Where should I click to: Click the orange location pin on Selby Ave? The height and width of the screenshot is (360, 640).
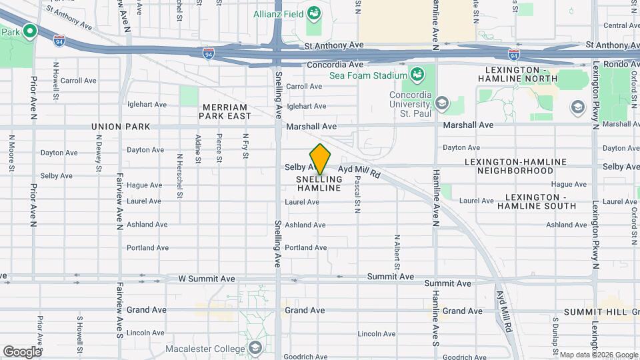click(x=320, y=159)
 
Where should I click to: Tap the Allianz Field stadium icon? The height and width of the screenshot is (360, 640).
click(x=313, y=13)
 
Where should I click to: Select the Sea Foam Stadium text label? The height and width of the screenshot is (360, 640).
click(x=368, y=75)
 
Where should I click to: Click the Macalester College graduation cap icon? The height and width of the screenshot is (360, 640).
click(x=255, y=347)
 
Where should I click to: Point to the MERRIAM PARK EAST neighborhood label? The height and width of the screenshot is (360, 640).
click(x=223, y=111)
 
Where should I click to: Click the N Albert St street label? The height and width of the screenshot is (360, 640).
click(x=397, y=252)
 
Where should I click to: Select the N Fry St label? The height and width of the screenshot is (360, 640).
click(x=245, y=147)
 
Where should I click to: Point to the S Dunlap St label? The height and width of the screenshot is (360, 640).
click(x=555, y=330)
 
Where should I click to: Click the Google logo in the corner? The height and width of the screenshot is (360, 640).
click(x=22, y=351)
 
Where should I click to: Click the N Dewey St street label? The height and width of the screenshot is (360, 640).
click(x=98, y=150)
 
